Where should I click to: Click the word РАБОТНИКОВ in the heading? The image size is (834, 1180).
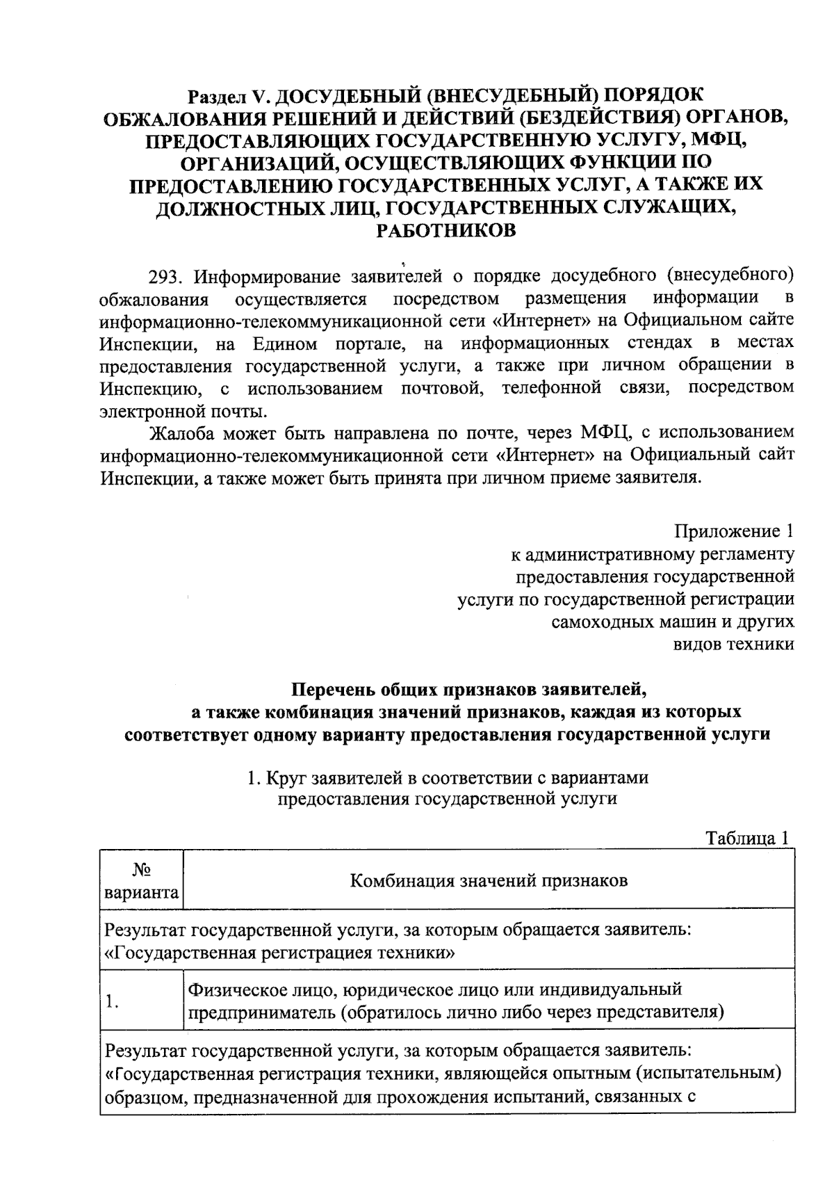pyautogui.click(x=445, y=231)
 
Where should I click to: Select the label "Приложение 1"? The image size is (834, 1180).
pyautogui.click(x=735, y=532)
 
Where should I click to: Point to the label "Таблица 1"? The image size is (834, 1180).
pyautogui.click(x=747, y=838)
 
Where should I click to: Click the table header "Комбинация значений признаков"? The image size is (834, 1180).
pyautogui.click(x=489, y=881)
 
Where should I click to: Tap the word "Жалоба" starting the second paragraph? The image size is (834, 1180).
pyautogui.click(x=182, y=433)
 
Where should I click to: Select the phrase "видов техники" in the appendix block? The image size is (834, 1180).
pyautogui.click(x=734, y=644)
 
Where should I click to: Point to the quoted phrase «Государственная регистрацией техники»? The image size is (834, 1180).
pyautogui.click(x=279, y=953)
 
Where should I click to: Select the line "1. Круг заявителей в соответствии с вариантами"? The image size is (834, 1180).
pyautogui.click(x=448, y=777)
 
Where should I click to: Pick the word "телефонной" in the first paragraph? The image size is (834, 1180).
pyautogui.click(x=551, y=388)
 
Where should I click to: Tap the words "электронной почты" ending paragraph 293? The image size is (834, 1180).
pyautogui.click(x=182, y=411)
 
